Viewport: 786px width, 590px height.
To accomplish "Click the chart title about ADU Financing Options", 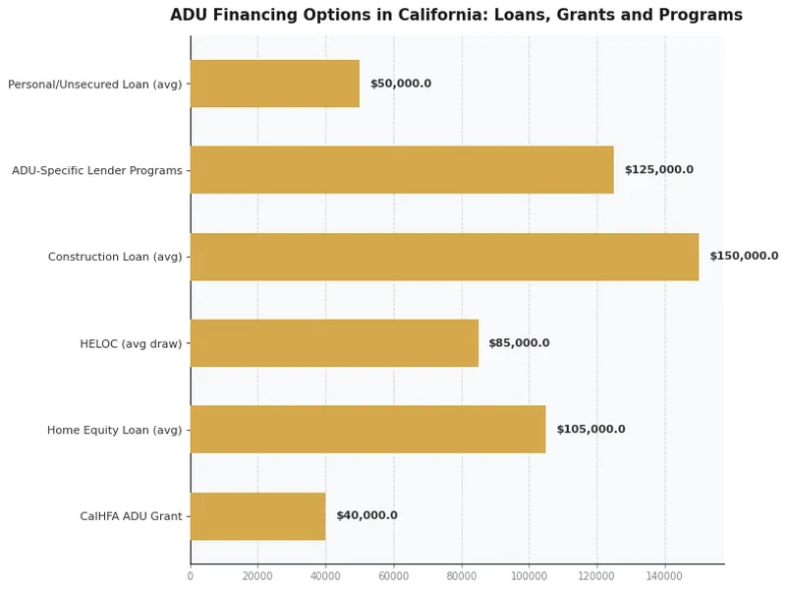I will pos(456,16).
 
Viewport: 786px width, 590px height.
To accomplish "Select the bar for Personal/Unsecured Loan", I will pos(274,84).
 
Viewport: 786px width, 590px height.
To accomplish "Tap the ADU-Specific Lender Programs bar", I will pos(402,170).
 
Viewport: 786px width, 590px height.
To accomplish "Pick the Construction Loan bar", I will pos(444,257).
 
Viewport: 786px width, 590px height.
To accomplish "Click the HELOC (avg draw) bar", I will pos(334,343).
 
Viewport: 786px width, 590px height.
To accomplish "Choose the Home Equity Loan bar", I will pos(367,430).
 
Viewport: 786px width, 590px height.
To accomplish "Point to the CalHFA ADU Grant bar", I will pos(257,516).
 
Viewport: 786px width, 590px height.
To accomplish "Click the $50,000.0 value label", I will pos(400,84).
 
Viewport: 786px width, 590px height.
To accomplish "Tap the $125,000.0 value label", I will pos(658,170).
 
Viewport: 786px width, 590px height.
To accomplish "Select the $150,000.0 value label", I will pos(743,257).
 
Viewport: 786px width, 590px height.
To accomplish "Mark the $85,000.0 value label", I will pos(519,343).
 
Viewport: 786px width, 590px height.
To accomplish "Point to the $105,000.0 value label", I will pos(590,430).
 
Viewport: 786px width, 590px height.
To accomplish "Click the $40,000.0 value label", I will pos(366,516).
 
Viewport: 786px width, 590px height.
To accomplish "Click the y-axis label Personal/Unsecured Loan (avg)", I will pos(94,85).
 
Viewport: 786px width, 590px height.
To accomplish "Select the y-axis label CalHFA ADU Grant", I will pos(131,517).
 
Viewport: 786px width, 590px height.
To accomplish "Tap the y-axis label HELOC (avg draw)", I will pos(131,344).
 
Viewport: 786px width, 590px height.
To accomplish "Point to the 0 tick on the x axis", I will pos(191,575).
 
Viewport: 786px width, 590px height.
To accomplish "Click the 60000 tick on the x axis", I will pos(394,575).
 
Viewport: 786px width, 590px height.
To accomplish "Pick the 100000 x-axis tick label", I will pos(529,575).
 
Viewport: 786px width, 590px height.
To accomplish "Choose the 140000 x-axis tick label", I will pos(664,575).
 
